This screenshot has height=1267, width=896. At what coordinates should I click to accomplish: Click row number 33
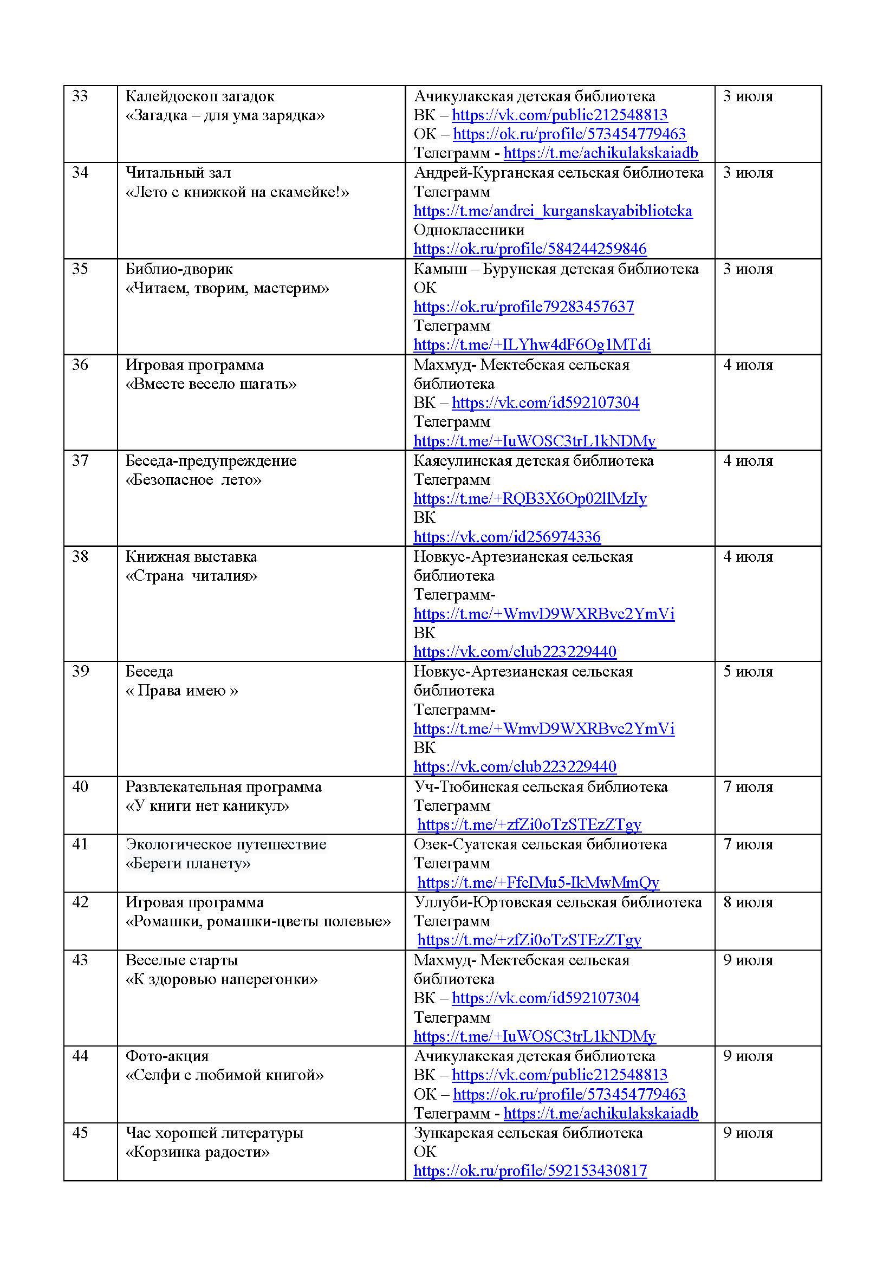point(80,96)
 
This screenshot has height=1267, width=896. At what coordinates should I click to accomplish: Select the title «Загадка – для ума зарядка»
point(225,116)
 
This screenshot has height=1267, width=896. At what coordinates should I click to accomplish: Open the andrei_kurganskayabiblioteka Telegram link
point(553,211)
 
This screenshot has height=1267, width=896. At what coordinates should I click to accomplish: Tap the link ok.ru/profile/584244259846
point(530,249)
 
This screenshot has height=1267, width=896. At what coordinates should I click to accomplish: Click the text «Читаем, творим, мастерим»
point(228,288)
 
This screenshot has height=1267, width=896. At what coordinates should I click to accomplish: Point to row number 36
point(80,365)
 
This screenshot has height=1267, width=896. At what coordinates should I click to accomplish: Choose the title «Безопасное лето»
point(193,480)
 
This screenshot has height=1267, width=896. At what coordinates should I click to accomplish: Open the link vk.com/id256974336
point(507,537)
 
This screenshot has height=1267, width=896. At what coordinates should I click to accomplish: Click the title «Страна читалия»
point(191,576)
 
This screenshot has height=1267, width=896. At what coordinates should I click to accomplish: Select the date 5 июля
point(748,672)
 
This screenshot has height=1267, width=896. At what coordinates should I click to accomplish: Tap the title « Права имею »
point(181,691)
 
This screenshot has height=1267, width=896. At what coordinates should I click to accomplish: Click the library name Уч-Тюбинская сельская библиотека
point(541,787)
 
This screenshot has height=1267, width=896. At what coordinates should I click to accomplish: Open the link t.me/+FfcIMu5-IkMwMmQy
point(538,882)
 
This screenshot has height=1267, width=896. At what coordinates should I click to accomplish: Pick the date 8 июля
point(748,902)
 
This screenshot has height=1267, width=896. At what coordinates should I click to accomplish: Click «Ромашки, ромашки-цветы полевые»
point(258,921)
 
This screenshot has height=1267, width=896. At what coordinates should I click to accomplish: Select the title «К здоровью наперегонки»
point(222,979)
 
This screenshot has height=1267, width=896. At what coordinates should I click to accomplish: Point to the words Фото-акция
point(167,1056)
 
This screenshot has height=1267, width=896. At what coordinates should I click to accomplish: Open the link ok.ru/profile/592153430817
point(530,1171)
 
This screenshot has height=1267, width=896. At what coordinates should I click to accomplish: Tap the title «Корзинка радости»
point(198,1152)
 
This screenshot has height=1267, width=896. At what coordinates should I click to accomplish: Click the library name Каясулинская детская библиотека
point(534,461)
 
